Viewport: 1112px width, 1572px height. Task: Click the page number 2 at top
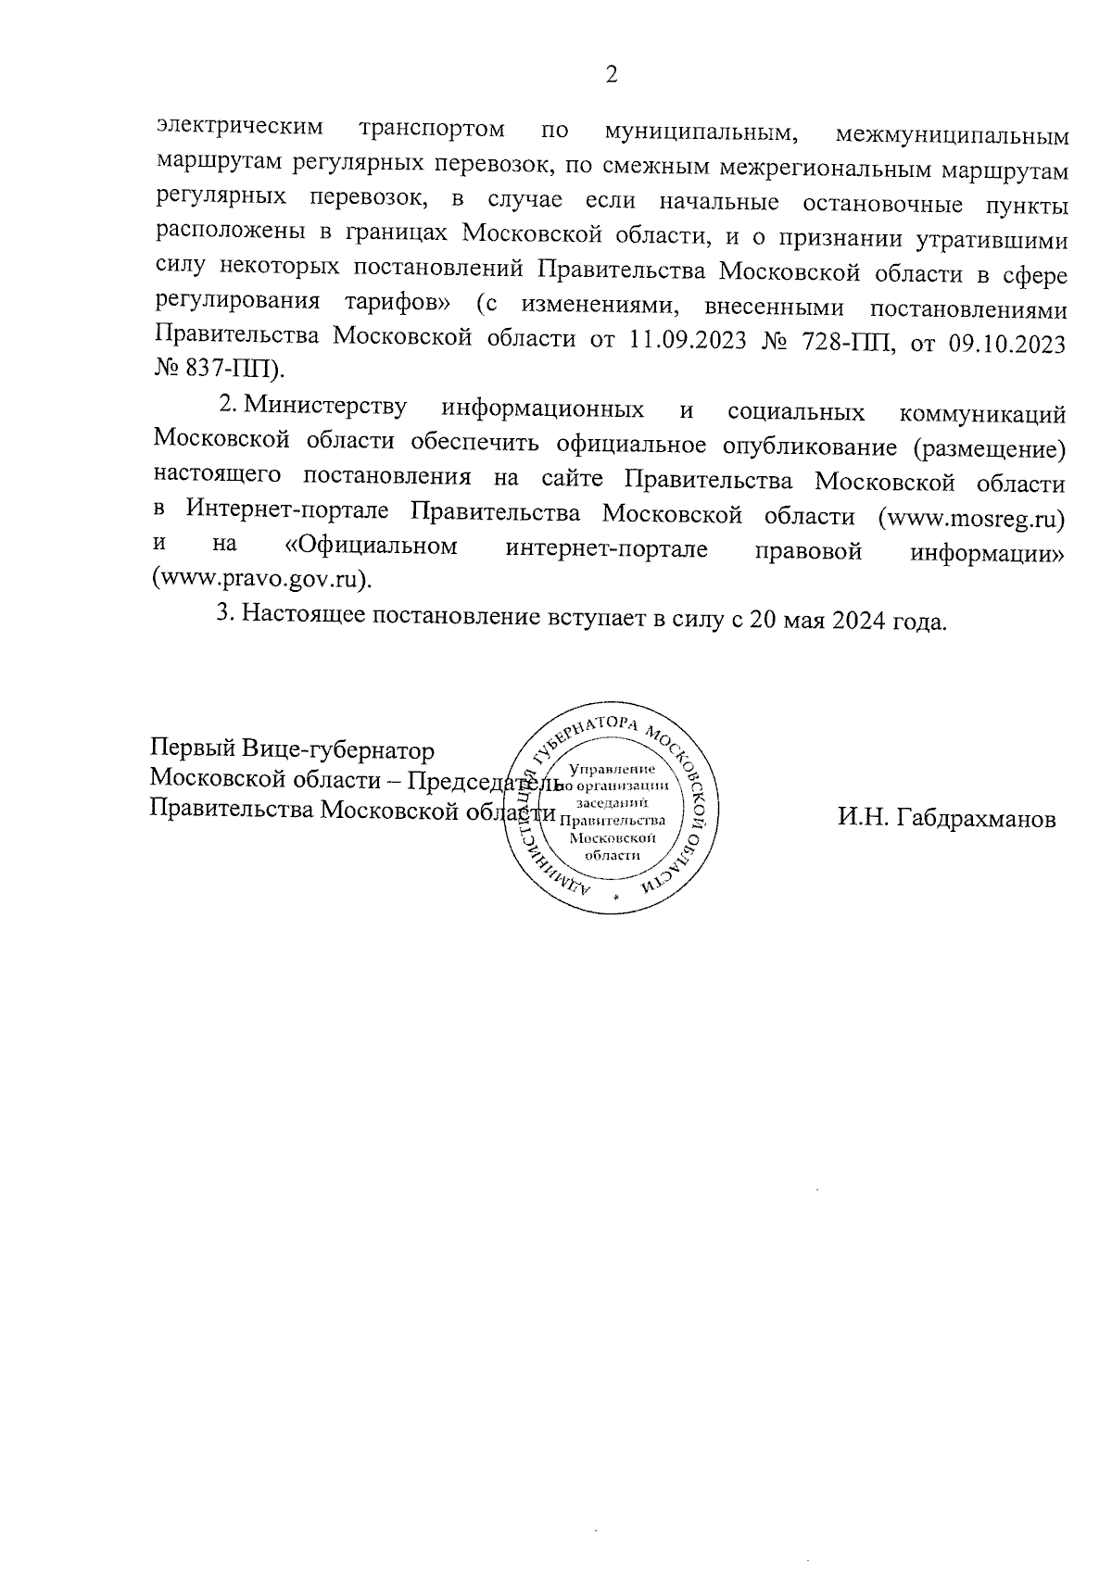coord(611,75)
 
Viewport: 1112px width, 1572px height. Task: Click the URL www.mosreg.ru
coord(971,516)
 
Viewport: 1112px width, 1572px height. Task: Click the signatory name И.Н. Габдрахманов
coord(946,819)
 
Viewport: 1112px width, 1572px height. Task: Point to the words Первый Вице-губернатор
coord(292,748)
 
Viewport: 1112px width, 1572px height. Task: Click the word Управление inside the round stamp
coord(613,769)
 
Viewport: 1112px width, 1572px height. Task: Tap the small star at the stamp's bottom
coord(615,898)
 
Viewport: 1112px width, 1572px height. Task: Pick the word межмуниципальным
coord(952,135)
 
